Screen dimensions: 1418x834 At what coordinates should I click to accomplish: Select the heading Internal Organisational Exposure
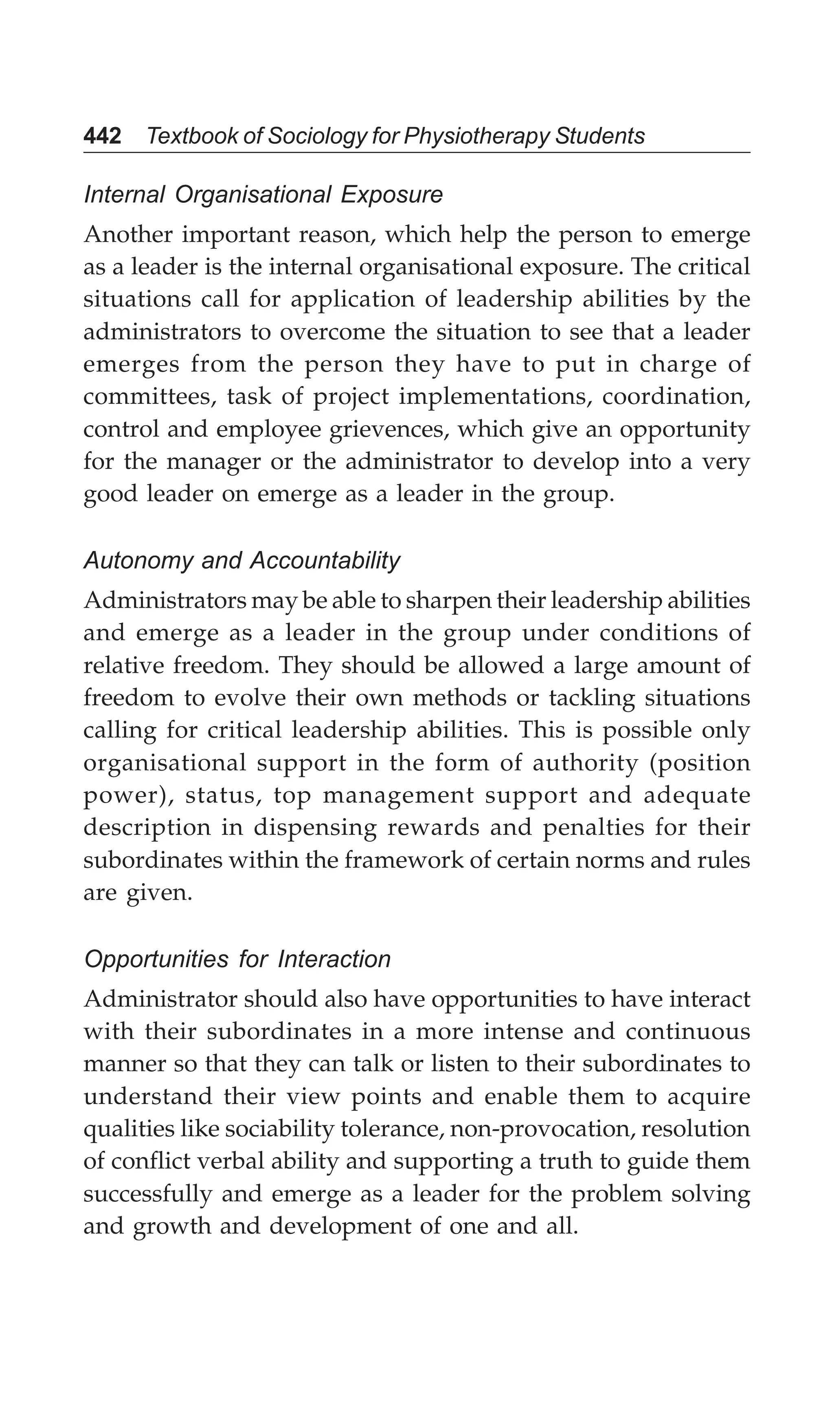[x=263, y=195]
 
